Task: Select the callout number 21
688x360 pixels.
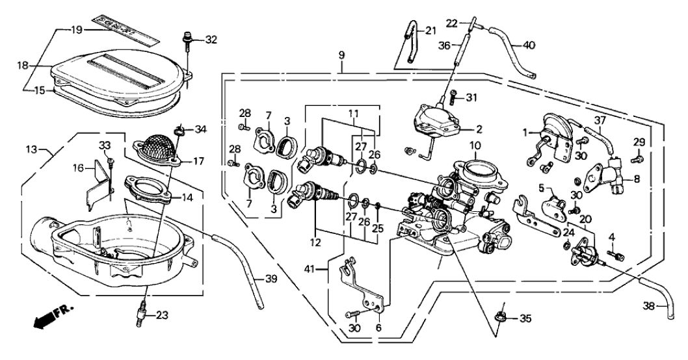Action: (432, 31)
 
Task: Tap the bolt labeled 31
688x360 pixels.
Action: (453, 99)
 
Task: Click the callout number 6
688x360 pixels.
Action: (378, 328)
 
